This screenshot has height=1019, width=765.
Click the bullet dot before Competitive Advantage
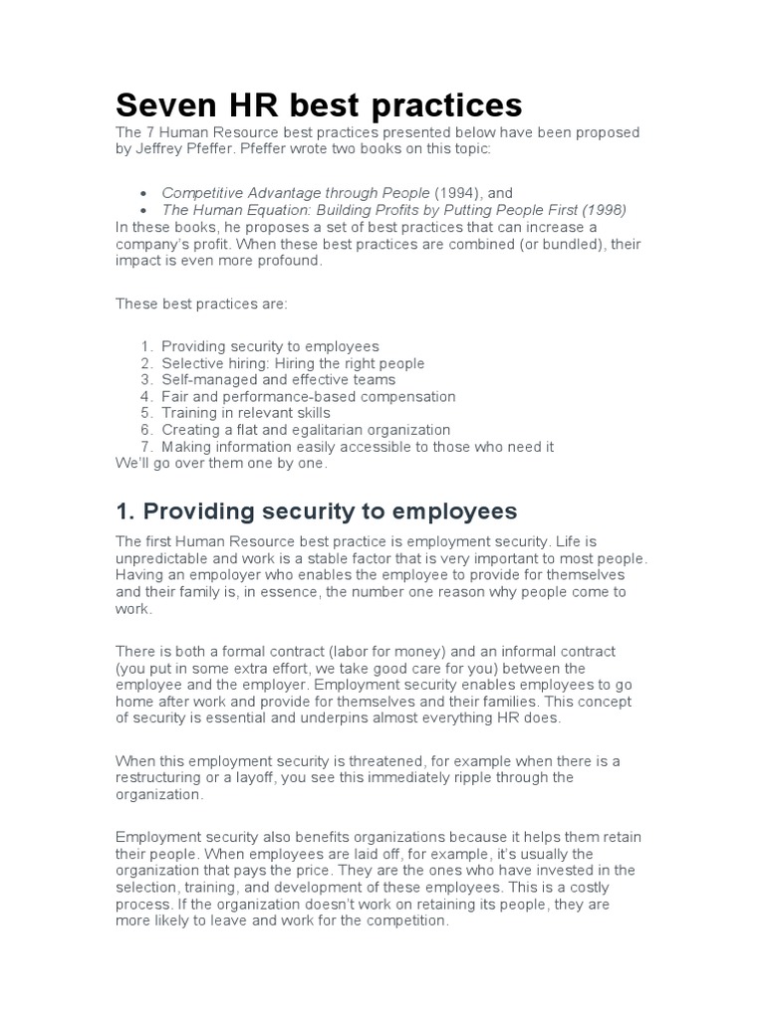click(145, 193)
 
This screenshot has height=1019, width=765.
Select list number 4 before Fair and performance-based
click(145, 396)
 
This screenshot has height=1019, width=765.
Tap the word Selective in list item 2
click(189, 363)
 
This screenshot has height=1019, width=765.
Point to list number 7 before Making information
click(145, 447)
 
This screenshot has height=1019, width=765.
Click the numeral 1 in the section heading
click(123, 511)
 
